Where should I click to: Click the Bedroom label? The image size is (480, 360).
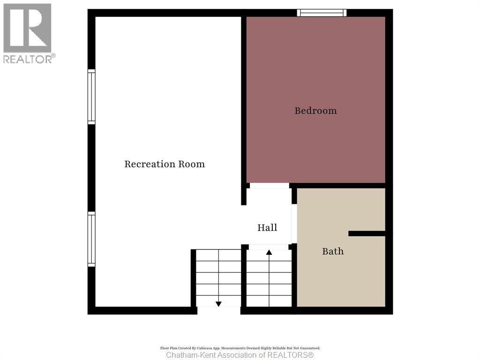coord(315,111)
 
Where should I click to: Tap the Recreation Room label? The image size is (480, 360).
coord(165,164)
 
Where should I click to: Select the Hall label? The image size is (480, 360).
coord(267,227)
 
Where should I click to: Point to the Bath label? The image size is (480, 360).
coord(333,251)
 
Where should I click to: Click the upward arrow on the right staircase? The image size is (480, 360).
coord(269,253)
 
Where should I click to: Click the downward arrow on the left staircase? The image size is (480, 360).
coord(218,303)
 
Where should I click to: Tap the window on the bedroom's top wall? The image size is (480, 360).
coord(322,13)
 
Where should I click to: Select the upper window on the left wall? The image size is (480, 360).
coord(91,97)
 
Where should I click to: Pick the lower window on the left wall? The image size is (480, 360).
coord(91,239)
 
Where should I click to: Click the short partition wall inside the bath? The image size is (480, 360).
coord(367,233)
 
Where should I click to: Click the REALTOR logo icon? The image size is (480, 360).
coord(27,28)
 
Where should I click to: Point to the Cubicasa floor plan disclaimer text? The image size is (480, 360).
coord(240,348)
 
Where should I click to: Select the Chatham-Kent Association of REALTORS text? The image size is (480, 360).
coord(240,355)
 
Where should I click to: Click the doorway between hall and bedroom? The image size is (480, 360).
coord(269,186)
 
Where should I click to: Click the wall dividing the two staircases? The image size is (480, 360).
coord(244,277)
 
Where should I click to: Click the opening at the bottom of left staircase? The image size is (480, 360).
coord(218,310)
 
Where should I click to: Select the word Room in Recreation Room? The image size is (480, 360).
coord(191,164)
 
